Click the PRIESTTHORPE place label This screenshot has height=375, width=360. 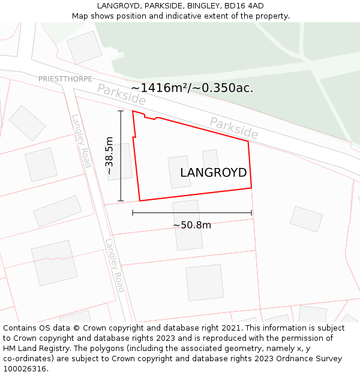pos(65,79)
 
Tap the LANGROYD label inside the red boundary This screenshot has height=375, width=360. pos(213,173)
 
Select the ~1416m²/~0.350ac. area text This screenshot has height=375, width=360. pos(192,88)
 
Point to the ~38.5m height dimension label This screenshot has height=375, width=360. pos(109,155)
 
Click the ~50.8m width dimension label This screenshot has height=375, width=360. pos(192,225)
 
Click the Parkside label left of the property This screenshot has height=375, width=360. pos(121,94)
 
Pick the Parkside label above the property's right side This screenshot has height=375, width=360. pos(233,127)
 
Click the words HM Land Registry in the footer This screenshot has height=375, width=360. pos(35,349)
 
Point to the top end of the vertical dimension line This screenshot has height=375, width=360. pos(121,111)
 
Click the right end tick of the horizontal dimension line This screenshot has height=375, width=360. pos(251,212)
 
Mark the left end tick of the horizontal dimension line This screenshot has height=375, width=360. pos(133,212)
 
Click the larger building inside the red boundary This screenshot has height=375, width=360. pos(179,172)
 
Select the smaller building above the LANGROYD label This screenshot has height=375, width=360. pos(210,158)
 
